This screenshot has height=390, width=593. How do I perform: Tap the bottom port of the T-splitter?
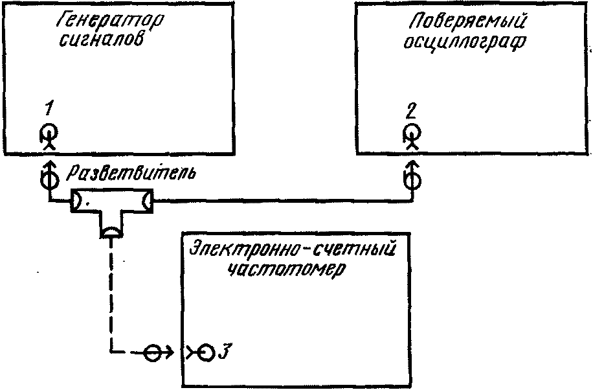point(111,231)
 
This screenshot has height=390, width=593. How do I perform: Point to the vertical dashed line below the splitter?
point(111,292)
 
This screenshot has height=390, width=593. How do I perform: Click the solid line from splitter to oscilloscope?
point(278,201)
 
